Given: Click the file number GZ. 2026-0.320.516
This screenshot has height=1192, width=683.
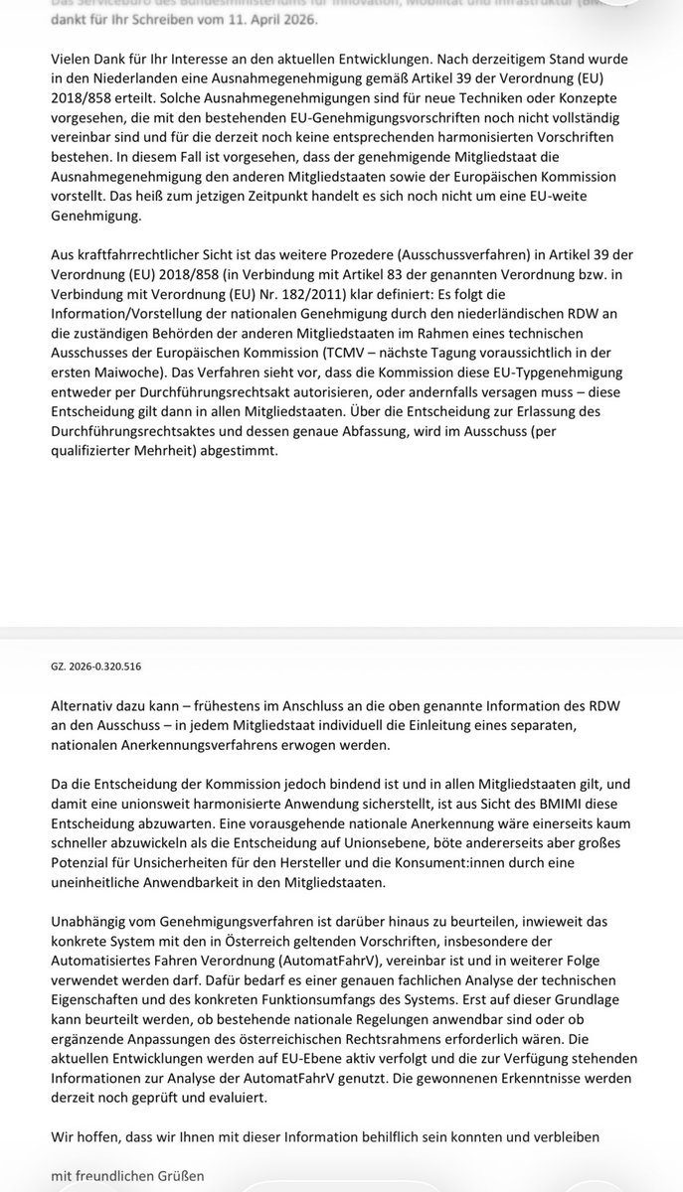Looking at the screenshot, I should pos(103,666).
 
